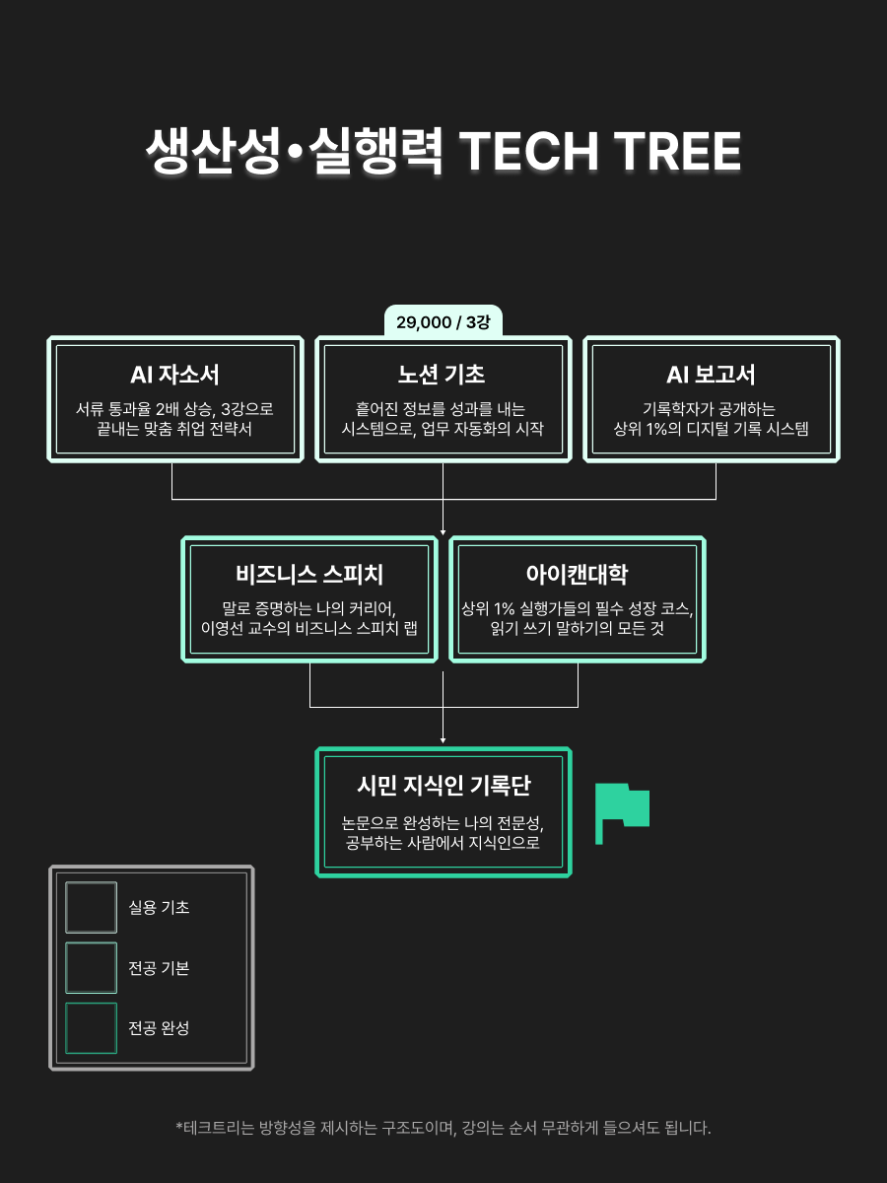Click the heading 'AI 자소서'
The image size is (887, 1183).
pyautogui.click(x=174, y=376)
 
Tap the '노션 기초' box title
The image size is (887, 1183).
pyautogui.click(x=443, y=376)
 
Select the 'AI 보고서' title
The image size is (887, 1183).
pyautogui.click(x=711, y=376)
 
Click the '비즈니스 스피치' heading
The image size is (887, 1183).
pyautogui.click(x=309, y=575)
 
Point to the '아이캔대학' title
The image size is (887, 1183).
pyautogui.click(x=577, y=575)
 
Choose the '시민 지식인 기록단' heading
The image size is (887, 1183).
pyautogui.click(x=443, y=786)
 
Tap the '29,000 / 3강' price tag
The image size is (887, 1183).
pyautogui.click(x=443, y=321)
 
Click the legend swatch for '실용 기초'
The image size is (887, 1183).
pyautogui.click(x=91, y=907)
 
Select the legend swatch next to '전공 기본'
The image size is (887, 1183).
pyautogui.click(x=91, y=968)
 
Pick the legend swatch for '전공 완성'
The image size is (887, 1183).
pyautogui.click(x=91, y=1028)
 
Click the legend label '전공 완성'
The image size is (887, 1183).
pyautogui.click(x=159, y=1028)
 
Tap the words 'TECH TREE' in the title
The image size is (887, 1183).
pyautogui.click(x=600, y=153)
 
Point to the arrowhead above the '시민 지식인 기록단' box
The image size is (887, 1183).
pyautogui.click(x=443, y=738)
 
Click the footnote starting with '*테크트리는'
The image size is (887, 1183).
pyautogui.click(x=443, y=1128)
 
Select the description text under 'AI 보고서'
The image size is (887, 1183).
pyautogui.click(x=711, y=419)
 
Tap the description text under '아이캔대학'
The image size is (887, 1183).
pyautogui.click(x=577, y=618)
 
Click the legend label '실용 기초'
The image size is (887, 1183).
pyautogui.click(x=159, y=907)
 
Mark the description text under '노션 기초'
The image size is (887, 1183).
pyautogui.click(x=443, y=419)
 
